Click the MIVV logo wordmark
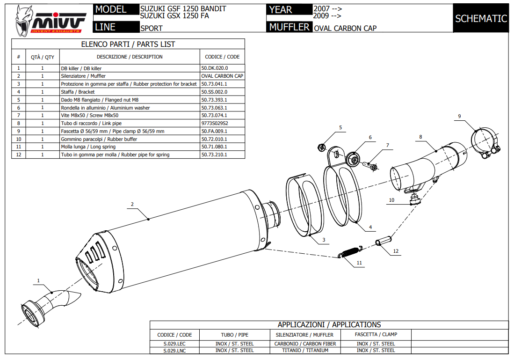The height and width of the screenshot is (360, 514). pyautogui.click(x=58, y=21)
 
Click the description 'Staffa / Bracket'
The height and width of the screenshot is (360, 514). pyautogui.click(x=78, y=92)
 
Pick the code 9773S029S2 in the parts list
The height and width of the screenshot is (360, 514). pyautogui.click(x=215, y=124)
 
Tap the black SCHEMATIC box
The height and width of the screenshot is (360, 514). pyautogui.click(x=481, y=18)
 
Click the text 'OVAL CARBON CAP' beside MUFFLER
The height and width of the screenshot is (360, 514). pyautogui.click(x=345, y=28)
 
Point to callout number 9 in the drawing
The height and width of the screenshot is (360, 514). pyautogui.click(x=459, y=116)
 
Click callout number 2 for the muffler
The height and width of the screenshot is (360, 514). pyautogui.click(x=132, y=204)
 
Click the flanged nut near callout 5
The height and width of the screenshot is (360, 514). pyautogui.click(x=322, y=147)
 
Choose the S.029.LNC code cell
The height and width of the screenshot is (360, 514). pyautogui.click(x=174, y=350)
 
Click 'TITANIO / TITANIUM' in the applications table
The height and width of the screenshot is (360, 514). pyautogui.click(x=305, y=350)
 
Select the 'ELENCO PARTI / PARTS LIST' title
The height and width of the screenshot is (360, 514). pyautogui.click(x=128, y=44)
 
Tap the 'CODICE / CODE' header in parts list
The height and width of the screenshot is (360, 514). pyautogui.click(x=222, y=57)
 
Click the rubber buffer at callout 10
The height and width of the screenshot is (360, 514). pyautogui.click(x=413, y=201)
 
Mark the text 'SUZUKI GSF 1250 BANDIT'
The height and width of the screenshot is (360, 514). pyautogui.click(x=183, y=9)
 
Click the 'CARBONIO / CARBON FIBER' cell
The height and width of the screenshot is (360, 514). pyautogui.click(x=305, y=344)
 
